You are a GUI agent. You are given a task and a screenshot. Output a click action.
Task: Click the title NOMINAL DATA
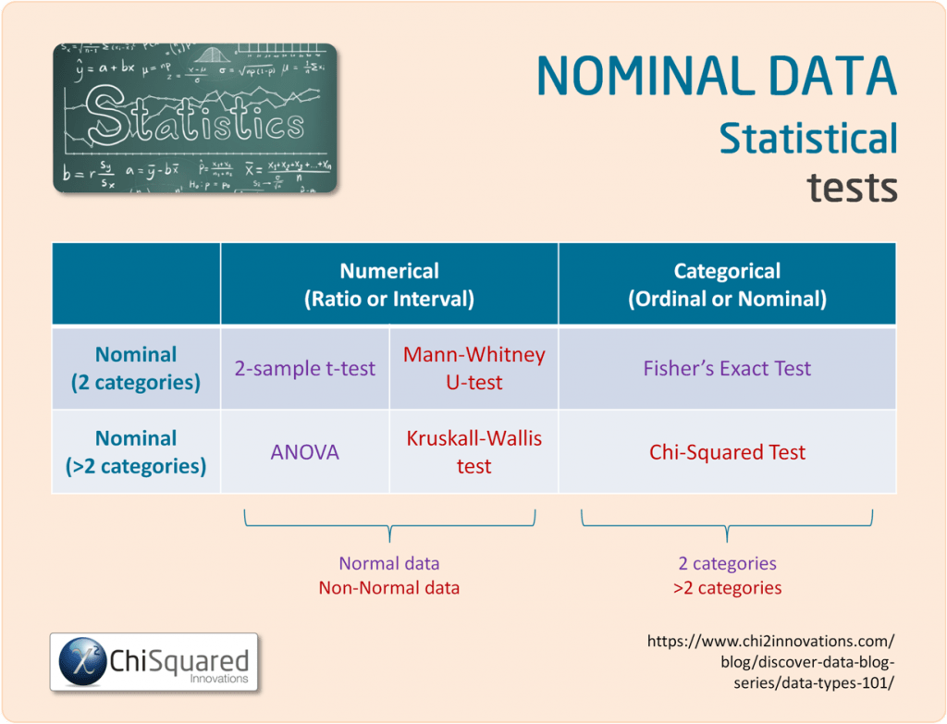(717, 77)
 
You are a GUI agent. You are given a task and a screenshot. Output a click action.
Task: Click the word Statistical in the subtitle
(808, 139)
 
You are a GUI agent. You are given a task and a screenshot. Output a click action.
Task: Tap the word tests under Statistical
(852, 187)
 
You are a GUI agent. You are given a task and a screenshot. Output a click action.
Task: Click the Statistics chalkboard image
(195, 117)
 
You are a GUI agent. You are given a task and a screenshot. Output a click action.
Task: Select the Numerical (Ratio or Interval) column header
(388, 285)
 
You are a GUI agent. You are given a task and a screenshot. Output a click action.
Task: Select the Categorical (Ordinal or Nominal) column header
(727, 285)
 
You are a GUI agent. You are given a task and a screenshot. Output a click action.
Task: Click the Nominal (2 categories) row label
(136, 368)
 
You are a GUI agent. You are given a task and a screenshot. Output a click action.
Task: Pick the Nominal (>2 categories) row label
(136, 451)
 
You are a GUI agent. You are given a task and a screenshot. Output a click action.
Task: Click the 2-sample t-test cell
(304, 368)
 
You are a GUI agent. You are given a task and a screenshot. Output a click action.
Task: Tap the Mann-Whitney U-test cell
(473, 368)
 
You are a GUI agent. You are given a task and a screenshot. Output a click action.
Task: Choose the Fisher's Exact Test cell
(727, 368)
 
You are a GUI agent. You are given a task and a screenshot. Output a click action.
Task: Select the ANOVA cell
(304, 452)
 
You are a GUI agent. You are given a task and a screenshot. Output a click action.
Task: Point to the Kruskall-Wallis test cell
(473, 451)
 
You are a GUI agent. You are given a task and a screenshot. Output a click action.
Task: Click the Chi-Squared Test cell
(727, 452)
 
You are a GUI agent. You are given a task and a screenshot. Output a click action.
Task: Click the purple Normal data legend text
(388, 563)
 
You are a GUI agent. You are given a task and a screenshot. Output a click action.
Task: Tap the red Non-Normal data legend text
(388, 587)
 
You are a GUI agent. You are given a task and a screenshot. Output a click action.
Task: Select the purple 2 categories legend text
(727, 563)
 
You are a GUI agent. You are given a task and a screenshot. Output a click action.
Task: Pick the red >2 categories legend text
(727, 587)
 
